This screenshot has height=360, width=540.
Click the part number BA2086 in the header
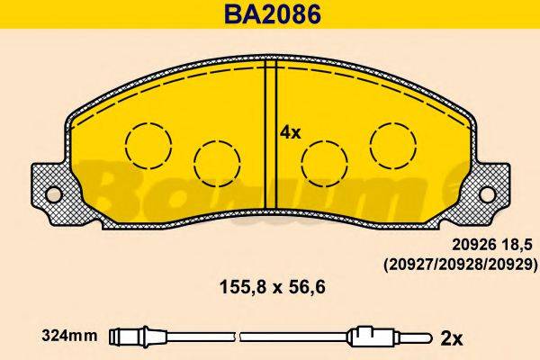pyautogui.click(x=269, y=14)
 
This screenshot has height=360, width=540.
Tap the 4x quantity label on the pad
pyautogui.click(x=290, y=131)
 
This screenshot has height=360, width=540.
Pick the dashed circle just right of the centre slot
pyautogui.click(x=323, y=164)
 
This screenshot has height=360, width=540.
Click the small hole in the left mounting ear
pyautogui.click(x=53, y=193)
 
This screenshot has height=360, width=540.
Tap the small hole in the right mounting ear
pyautogui.click(x=487, y=193)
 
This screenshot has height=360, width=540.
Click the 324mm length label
pyautogui.click(x=69, y=337)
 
